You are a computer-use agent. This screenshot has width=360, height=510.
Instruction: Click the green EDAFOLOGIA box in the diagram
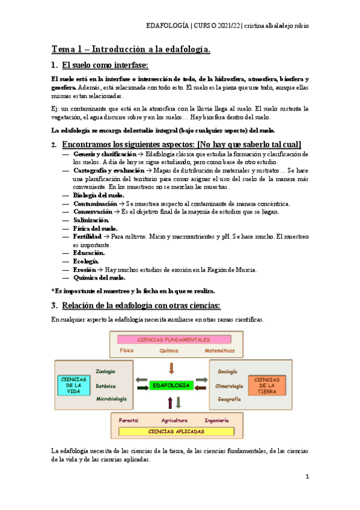click(171, 385)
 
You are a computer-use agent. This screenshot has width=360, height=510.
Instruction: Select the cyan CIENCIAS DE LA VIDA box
click(73, 385)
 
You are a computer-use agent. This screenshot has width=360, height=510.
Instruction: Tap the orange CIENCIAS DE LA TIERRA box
click(267, 385)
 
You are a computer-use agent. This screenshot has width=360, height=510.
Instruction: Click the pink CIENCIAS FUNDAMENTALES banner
click(174, 340)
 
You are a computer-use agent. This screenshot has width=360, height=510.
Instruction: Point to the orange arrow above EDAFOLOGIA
click(171, 367)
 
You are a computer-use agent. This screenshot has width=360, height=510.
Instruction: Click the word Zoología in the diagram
click(105, 372)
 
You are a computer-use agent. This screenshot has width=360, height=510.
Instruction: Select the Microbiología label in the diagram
click(111, 399)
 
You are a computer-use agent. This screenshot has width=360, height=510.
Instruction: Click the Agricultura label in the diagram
click(174, 420)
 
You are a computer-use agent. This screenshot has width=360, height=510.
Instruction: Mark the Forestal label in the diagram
click(129, 420)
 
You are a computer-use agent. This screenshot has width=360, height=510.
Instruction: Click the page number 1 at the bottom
click(307, 477)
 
